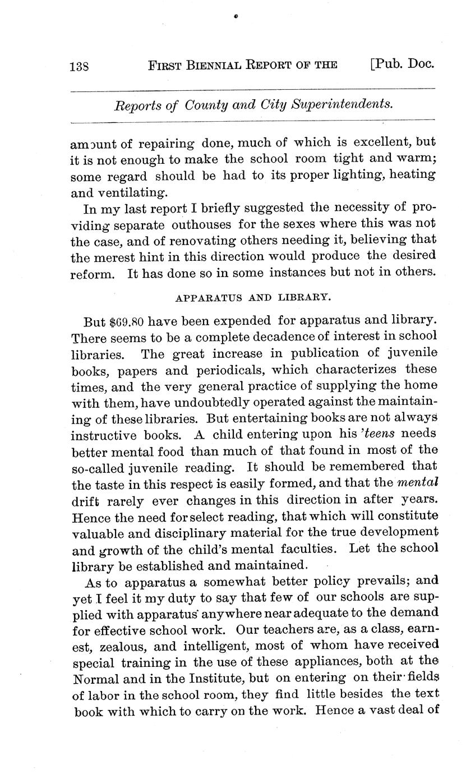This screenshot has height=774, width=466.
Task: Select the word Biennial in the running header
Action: [211, 65]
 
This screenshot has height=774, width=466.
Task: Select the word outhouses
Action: [201, 225]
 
